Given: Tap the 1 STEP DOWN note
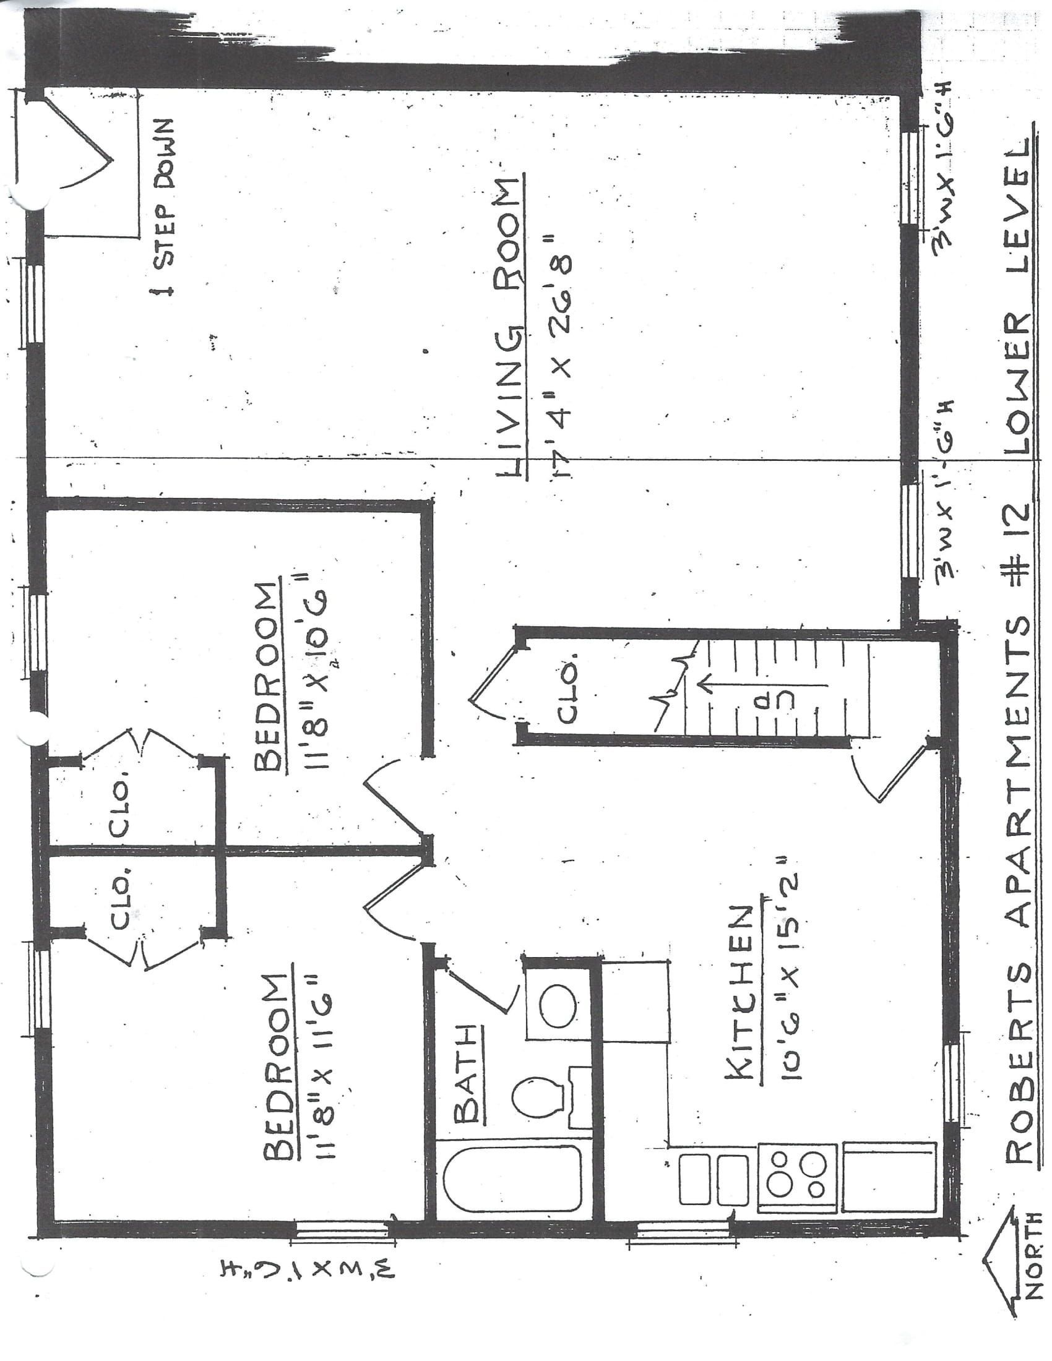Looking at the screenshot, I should click(x=165, y=207).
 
